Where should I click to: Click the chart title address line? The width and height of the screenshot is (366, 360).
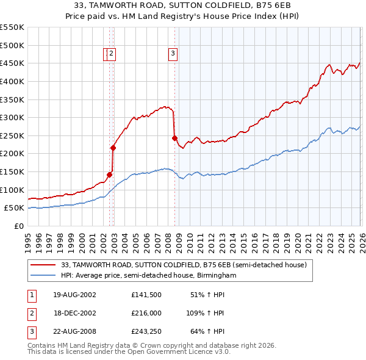[182, 6]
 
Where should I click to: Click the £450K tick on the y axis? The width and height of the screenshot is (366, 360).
[12, 63]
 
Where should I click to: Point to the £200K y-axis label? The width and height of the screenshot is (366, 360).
[12, 154]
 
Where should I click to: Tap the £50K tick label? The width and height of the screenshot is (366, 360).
[14, 208]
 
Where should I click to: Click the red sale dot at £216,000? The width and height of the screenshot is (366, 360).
[113, 148]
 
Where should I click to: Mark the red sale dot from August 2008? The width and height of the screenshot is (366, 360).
[174, 138]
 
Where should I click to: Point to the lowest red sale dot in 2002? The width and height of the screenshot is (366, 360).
[110, 175]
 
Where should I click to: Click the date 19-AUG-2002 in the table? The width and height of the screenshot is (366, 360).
[74, 295]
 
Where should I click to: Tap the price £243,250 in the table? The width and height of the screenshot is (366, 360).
[146, 333]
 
